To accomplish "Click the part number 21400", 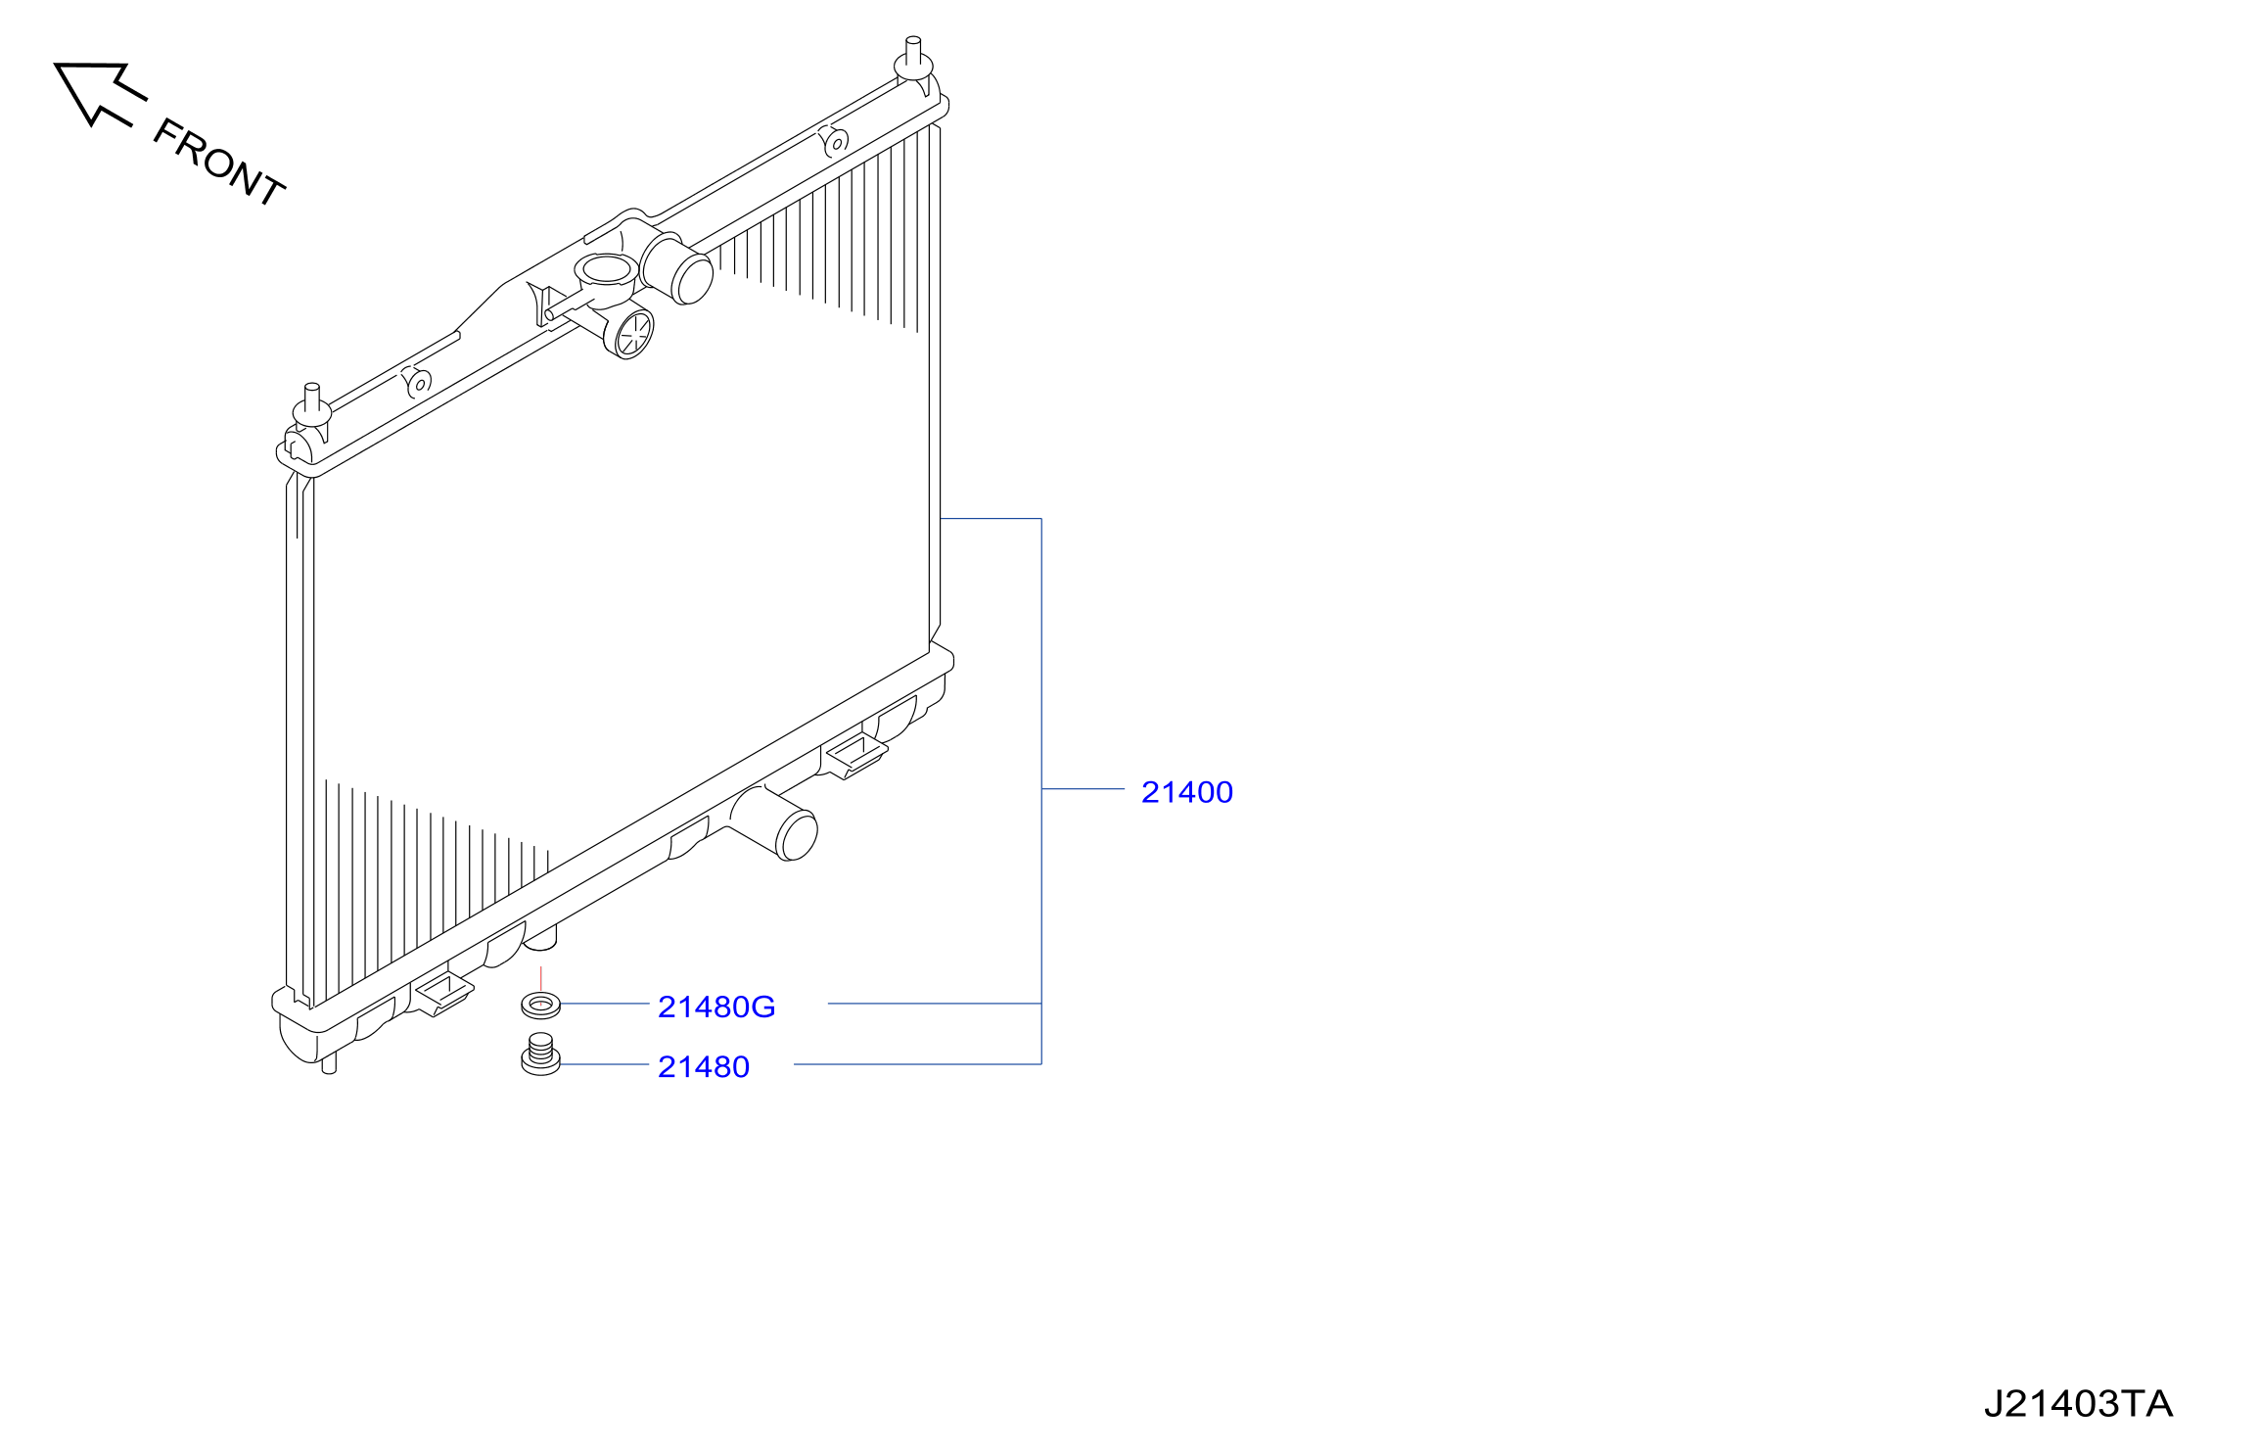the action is pos(1186,792).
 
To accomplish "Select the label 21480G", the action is pos(716,1007).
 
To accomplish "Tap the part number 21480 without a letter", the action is pos(704,1066).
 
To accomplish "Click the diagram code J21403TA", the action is pos(2078,1404).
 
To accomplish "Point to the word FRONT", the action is pos(219,163).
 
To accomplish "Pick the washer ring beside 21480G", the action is pos(540,1004).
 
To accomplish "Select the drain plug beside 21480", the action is pos(540,1055).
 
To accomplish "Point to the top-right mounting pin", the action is pos(913,59).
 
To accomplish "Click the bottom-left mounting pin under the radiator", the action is pos(329,1063).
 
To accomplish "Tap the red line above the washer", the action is pos(540,979).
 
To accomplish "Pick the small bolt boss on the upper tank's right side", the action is pos(835,142).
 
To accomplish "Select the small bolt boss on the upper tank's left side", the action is pos(419,383).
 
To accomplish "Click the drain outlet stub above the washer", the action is pos(540,938).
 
